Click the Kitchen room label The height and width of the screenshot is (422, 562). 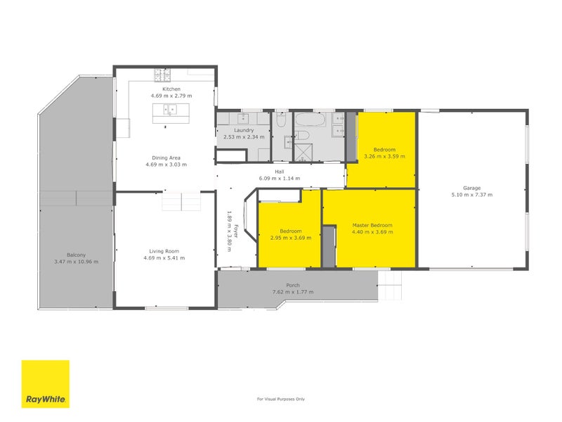[171, 89]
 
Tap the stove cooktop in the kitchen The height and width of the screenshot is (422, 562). [162, 75]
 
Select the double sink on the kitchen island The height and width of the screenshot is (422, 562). [170, 110]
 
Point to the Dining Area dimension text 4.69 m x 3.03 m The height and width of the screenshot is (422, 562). [166, 165]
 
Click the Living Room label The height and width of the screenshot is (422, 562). [164, 251]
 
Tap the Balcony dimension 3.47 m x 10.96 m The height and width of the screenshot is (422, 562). [77, 262]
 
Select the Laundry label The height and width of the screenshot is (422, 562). [244, 130]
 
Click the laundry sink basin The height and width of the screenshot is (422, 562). [243, 118]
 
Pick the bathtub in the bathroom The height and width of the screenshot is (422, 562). [311, 120]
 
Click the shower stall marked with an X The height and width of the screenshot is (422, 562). [303, 152]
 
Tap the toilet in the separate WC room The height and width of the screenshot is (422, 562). [281, 120]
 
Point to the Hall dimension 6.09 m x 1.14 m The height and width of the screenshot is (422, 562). [280, 179]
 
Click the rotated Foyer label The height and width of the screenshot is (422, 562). [236, 231]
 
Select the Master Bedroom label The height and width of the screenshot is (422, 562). [372, 225]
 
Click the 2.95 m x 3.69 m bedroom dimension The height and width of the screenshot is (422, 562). [291, 238]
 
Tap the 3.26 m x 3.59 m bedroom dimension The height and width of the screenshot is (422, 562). [384, 156]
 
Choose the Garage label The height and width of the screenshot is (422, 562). [471, 188]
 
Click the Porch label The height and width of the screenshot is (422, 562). [293, 286]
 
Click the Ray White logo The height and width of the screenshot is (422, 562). [46, 384]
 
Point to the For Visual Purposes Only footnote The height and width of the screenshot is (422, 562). [281, 399]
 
